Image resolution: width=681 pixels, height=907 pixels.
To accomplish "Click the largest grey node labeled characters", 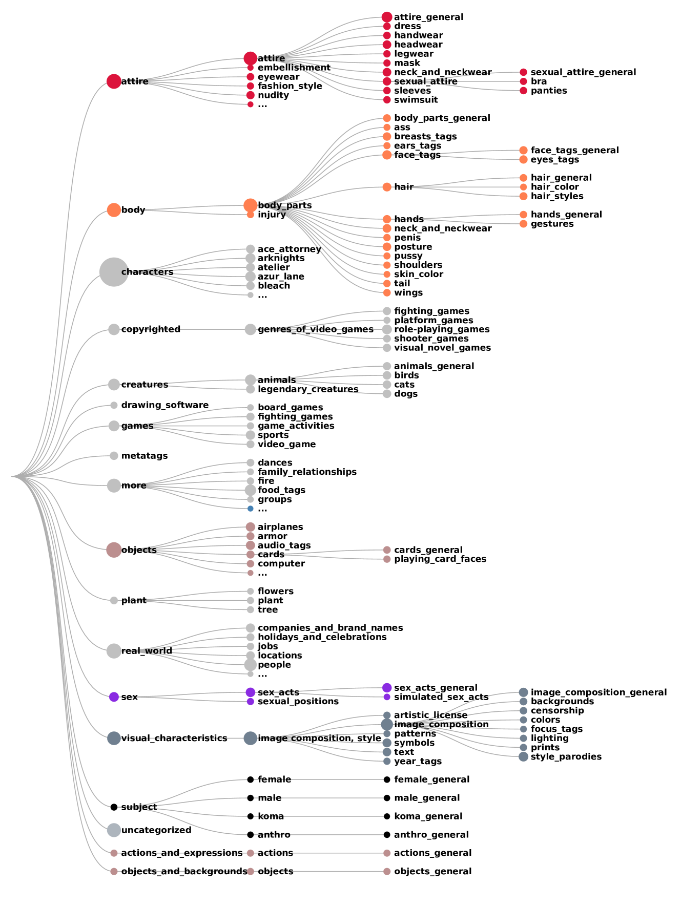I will coord(114,272).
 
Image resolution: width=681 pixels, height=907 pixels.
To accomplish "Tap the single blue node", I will coord(251,509).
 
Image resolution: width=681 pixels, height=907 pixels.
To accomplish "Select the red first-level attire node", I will coord(114,81).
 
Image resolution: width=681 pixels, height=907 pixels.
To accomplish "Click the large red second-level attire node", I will coord(251,58).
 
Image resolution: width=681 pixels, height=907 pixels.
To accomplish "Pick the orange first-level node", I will coord(114,210).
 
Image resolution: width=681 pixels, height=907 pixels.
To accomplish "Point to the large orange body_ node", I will coord(251,205).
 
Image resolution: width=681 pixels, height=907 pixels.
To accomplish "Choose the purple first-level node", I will coord(114,697).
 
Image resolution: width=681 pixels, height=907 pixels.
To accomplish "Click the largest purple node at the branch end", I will coord(387,688).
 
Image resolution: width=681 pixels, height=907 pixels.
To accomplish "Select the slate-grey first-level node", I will coord(114,738).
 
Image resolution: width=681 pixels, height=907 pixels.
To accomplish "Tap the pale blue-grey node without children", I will coord(114,830).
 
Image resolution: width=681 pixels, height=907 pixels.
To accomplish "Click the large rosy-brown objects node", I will coord(114,550).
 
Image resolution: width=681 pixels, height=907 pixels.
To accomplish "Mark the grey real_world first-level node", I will coord(114,651).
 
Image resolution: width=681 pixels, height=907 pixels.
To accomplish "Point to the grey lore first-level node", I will coord(114,486).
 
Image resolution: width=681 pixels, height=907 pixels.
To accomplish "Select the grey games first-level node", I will coord(114,426).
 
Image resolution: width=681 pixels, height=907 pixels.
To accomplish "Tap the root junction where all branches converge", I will coord(12,476).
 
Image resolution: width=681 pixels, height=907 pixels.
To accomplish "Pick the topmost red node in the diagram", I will coord(387,17).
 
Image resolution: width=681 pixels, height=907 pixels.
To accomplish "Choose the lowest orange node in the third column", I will coord(387,293).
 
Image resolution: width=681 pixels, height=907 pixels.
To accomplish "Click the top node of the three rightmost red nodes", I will coord(523,72).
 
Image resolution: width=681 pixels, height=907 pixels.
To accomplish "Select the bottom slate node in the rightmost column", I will coord(523,756).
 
